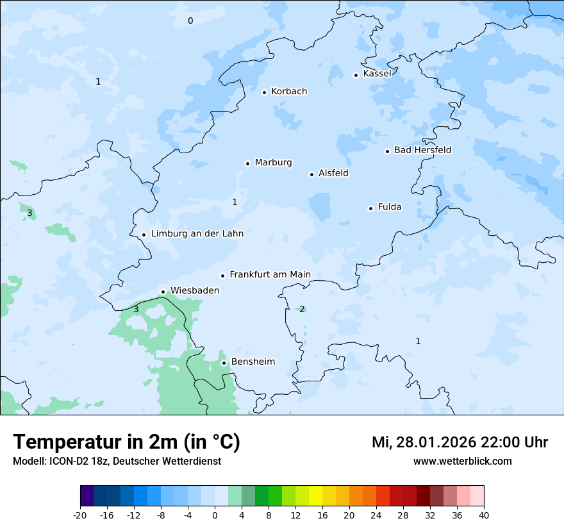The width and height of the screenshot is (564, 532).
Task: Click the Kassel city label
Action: coord(377,74)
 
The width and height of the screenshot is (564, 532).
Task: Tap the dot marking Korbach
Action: coord(264,92)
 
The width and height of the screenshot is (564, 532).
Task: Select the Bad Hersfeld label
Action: coord(422,150)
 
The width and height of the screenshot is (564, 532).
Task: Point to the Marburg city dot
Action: coord(247,163)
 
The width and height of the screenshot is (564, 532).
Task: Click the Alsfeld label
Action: coord(333,173)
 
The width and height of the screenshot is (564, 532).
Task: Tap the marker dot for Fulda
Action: coord(370,208)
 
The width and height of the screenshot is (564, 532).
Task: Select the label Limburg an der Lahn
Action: coord(197,234)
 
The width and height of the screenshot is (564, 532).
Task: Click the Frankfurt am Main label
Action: coord(270,274)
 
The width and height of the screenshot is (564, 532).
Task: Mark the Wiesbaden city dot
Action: coord(163,292)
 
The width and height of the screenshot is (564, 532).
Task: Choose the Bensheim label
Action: coord(253,362)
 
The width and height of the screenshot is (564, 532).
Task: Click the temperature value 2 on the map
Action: coord(302,309)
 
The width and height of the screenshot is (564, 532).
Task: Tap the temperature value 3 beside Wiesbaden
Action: coord(136,309)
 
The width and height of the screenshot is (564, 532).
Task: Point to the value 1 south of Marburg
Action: coord(235,202)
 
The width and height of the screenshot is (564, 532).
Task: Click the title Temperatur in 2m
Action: coord(126,442)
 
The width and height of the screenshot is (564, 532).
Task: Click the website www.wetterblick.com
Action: coord(462,461)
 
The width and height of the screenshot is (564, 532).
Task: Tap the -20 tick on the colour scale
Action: coord(80,515)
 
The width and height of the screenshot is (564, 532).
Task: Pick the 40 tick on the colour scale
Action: coord(484,515)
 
